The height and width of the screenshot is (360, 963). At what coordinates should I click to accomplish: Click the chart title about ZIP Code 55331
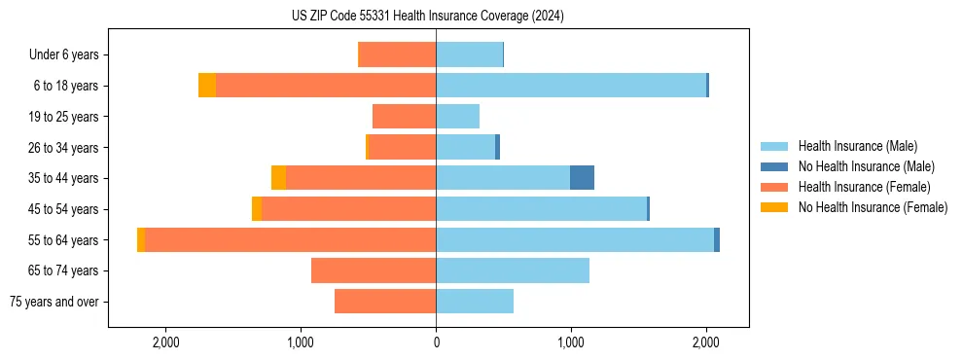[x=427, y=17]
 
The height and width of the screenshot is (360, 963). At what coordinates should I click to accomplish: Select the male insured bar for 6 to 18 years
[x=570, y=86]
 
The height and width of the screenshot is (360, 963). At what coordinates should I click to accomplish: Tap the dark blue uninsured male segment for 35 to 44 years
[x=582, y=178]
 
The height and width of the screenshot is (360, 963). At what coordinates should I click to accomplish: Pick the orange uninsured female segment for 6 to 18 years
[x=207, y=86]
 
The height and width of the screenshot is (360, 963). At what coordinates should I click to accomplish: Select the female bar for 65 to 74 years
[x=374, y=270]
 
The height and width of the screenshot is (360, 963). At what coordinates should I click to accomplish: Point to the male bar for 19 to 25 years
[x=457, y=117]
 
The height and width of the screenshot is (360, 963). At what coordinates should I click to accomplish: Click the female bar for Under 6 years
[x=398, y=54]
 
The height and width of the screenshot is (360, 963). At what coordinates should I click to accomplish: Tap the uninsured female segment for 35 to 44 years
[x=278, y=178]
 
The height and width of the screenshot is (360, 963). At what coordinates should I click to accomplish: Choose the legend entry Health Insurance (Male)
[x=851, y=146]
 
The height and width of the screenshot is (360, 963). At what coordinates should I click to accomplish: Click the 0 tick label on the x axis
[x=436, y=342]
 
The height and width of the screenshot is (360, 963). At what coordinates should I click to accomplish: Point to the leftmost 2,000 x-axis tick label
[x=165, y=342]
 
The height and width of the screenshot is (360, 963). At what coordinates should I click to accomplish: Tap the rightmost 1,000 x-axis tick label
[x=571, y=342]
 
